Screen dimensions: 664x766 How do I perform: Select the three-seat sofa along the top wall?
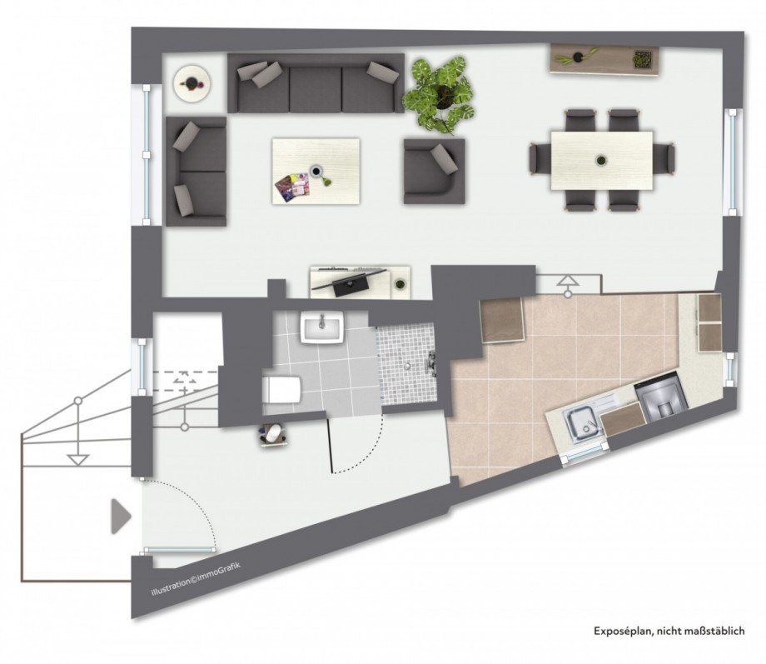pos(315,83)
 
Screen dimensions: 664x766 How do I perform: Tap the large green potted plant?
pos(440,92)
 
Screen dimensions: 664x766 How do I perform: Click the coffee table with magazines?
pos(316,170)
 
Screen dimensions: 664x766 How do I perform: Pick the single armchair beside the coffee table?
pos(433,170)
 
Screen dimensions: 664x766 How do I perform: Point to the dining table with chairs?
pos(601,159)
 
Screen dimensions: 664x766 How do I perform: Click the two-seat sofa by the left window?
pos(196,171)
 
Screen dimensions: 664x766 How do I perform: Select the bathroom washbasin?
pos(322,328)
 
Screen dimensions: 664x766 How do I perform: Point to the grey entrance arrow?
pos(122,516)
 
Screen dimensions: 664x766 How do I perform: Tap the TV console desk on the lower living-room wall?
pos(361,281)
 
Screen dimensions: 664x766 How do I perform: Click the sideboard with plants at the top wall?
pos(604,58)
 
